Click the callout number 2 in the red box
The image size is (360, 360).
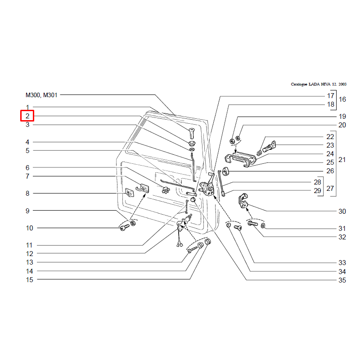coord(27,116)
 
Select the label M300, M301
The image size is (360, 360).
coord(41,95)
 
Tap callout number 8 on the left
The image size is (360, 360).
coord(27,193)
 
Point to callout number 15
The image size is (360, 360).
coord(29,279)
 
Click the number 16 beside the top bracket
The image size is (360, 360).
coord(342,99)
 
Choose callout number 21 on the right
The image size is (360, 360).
coord(342,160)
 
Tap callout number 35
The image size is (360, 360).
coord(342,280)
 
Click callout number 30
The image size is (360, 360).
coord(342,211)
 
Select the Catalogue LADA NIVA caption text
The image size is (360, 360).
coord(318,84)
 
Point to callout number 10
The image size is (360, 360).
coord(29,228)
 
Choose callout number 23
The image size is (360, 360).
coord(330,145)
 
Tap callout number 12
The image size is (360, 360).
coord(29,254)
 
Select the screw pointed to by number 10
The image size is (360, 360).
coord(124,228)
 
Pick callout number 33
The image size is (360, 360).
coord(342,262)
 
